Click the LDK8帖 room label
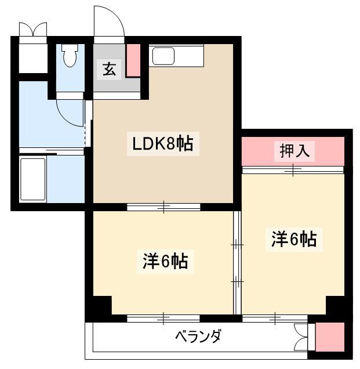(163, 143)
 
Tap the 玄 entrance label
(109, 70)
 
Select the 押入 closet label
(294, 151)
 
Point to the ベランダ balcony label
(198, 336)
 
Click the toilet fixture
(70, 55)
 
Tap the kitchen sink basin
(163, 56)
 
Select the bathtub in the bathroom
(32, 179)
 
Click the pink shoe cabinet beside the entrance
(133, 60)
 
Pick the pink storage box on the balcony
(330, 337)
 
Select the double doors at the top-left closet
(33, 29)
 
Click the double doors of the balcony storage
(301, 337)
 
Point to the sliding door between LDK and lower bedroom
(163, 207)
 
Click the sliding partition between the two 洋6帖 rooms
(237, 262)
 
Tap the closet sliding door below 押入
(293, 170)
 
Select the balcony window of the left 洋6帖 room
(163, 319)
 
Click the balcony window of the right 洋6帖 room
(275, 319)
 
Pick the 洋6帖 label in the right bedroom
(294, 240)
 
